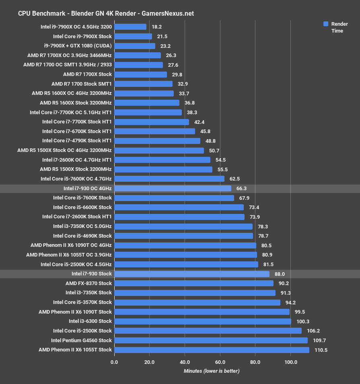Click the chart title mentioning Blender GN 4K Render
click(106, 13)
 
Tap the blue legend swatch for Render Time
click(326, 24)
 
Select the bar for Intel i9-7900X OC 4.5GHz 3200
click(130, 27)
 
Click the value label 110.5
click(321, 350)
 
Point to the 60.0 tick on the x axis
click(220, 362)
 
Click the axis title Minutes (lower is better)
click(212, 371)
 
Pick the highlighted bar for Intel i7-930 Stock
click(192, 274)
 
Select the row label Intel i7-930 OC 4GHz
click(87, 188)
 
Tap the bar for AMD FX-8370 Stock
click(194, 283)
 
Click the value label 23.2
click(165, 46)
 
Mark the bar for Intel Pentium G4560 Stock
click(211, 340)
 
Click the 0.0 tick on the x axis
click(114, 362)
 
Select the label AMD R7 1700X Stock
click(87, 74)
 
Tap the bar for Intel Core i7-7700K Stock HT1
click(152, 122)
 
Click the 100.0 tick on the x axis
click(290, 362)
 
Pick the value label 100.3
click(303, 321)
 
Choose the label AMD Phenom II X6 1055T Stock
click(75, 350)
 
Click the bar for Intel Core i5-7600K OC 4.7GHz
click(169, 179)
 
